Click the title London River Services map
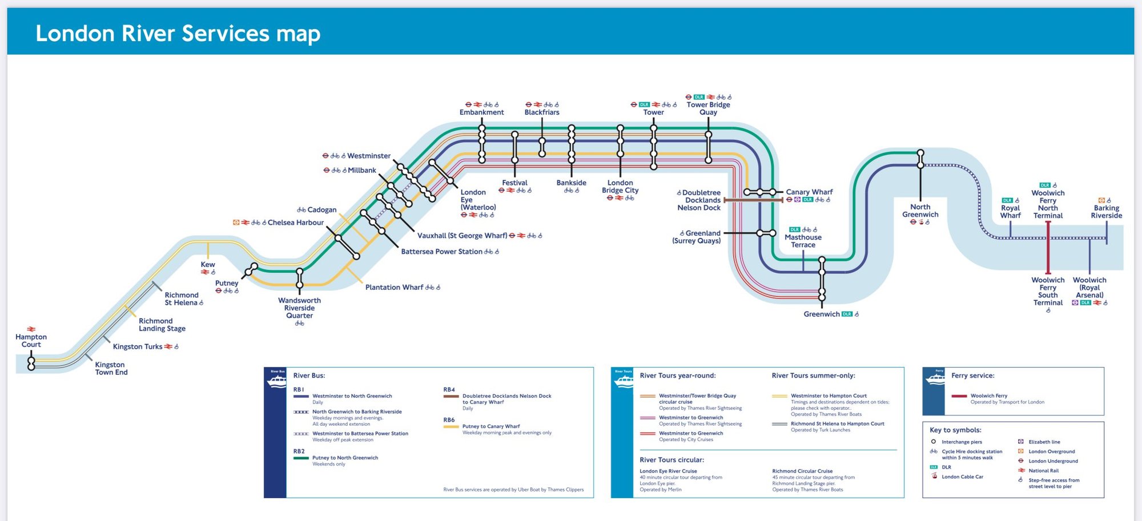(x=178, y=33)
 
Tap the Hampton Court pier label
(x=31, y=341)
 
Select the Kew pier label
(x=208, y=264)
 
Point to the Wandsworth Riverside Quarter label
(x=299, y=308)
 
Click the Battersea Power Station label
(x=441, y=252)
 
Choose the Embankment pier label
(x=481, y=112)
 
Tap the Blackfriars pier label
(x=542, y=112)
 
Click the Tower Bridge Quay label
(x=708, y=108)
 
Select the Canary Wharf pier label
(x=809, y=192)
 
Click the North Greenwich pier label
(x=920, y=211)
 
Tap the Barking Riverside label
(x=1106, y=212)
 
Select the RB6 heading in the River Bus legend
(x=449, y=420)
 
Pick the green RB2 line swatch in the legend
(x=301, y=458)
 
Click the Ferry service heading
(x=972, y=375)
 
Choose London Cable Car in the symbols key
(x=962, y=477)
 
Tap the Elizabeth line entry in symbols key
(x=1044, y=442)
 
